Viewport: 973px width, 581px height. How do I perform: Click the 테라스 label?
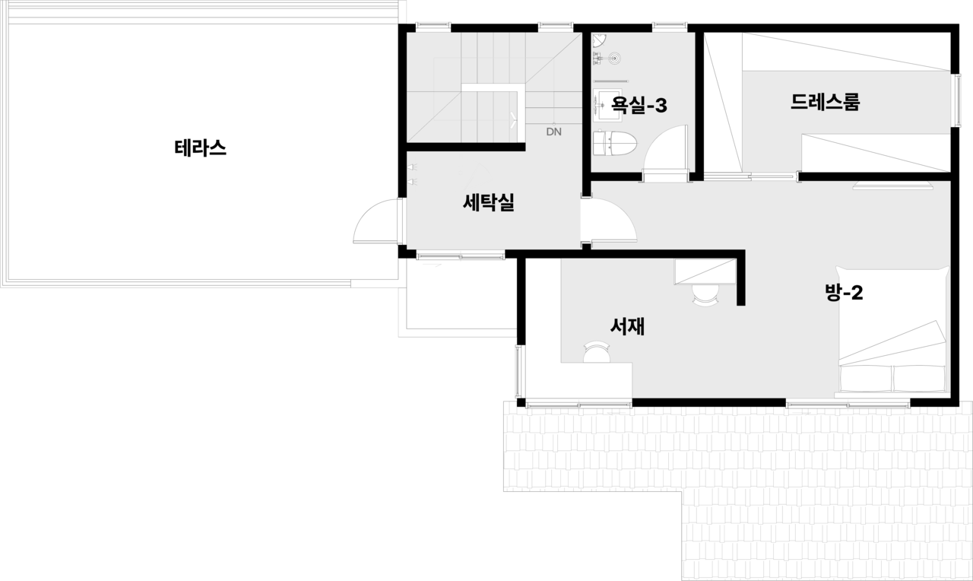(201, 148)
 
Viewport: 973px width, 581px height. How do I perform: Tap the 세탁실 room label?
(489, 203)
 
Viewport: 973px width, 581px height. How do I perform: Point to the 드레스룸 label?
(825, 102)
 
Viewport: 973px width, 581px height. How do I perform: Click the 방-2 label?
(844, 292)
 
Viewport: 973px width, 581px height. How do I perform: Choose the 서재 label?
(628, 326)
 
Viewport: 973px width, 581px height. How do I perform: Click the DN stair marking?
(553, 132)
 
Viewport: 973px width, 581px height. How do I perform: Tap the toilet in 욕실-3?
(615, 142)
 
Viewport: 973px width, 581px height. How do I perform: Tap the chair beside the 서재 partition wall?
(706, 294)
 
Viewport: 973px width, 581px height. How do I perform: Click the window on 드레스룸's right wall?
(956, 98)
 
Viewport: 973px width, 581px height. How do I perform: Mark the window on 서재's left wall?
(519, 370)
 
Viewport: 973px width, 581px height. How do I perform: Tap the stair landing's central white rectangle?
(490, 114)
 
